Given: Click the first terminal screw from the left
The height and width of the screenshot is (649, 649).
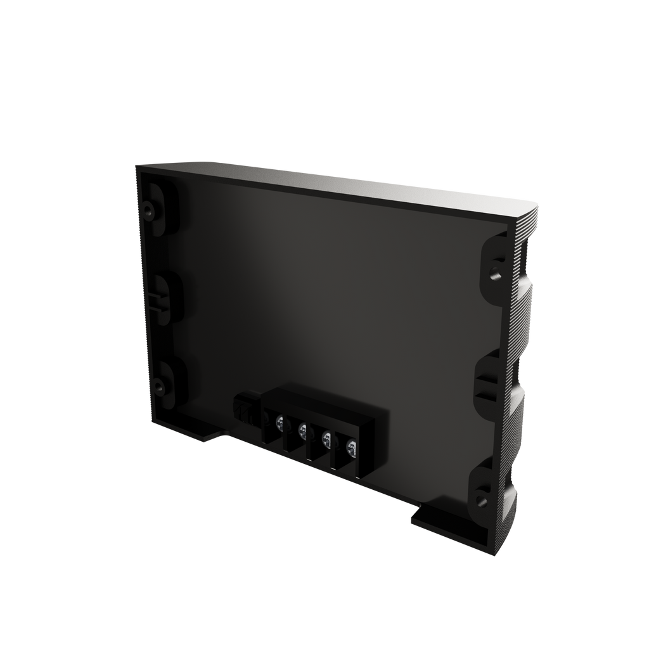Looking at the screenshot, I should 279,420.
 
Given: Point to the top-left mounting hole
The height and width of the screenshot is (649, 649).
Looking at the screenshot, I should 148,209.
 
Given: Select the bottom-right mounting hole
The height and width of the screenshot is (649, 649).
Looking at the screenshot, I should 480,501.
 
